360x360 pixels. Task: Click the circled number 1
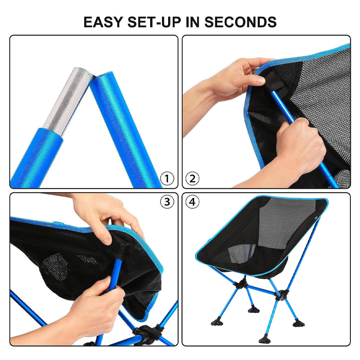coord(167,178)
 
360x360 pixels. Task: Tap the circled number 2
coord(193,178)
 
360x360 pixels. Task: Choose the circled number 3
coord(167,202)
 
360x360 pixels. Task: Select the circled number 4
coord(193,202)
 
